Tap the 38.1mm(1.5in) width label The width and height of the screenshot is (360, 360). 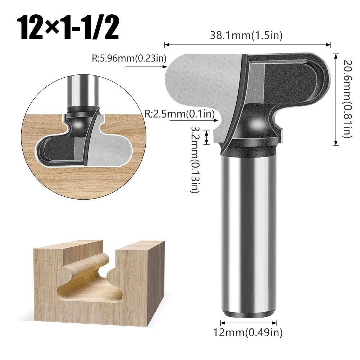[246, 35]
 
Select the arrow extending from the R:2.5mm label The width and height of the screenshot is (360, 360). [194, 122]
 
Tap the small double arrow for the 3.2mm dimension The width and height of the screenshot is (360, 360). [207, 137]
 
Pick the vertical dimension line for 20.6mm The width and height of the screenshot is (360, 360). [336, 99]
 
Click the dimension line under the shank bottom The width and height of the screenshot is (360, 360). [245, 322]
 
